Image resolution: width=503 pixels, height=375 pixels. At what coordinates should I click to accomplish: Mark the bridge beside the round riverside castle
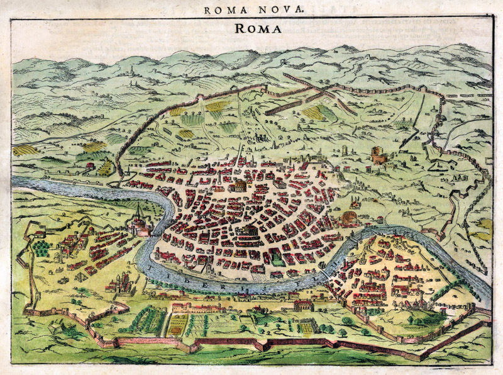click(155, 232)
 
